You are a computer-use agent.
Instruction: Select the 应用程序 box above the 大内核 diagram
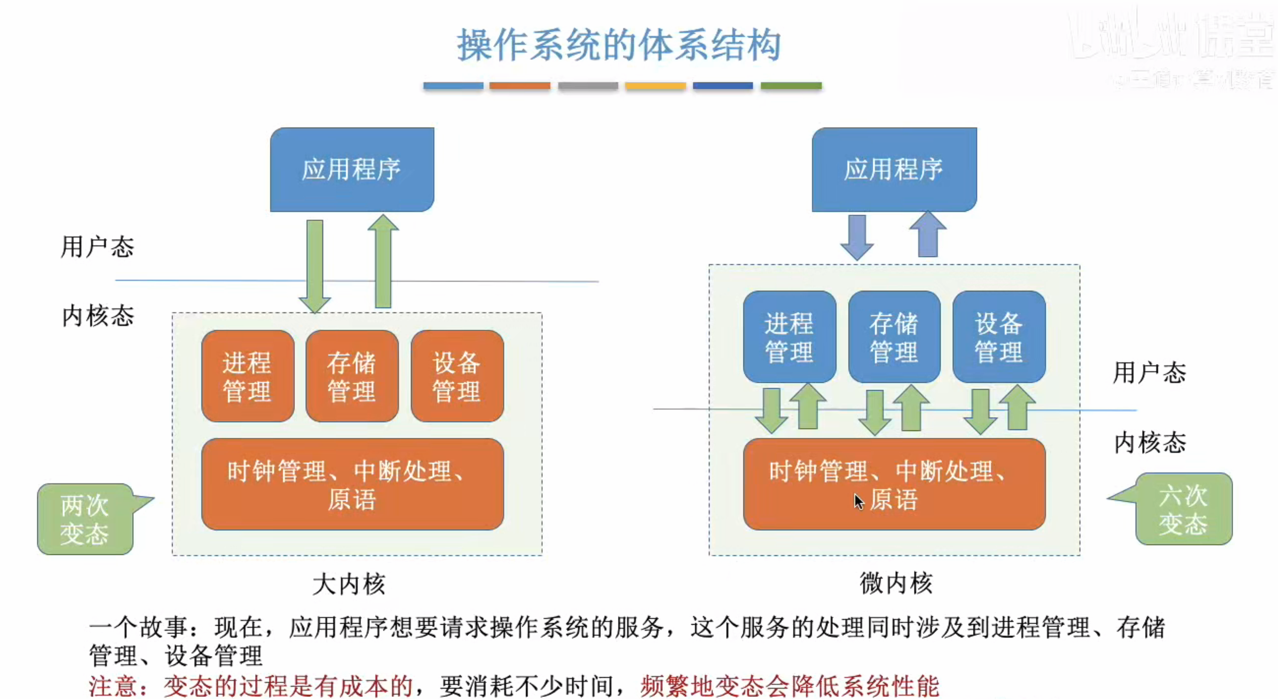pyautogui.click(x=352, y=170)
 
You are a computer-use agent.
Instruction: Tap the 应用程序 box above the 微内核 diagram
pyautogui.click(x=894, y=170)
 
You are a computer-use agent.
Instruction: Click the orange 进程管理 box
pyautogui.click(x=247, y=377)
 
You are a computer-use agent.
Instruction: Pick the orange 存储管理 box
pyautogui.click(x=352, y=377)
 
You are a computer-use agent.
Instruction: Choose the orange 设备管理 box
pyautogui.click(x=457, y=377)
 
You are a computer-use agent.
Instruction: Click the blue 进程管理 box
pyautogui.click(x=789, y=337)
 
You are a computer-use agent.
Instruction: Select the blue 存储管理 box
pyautogui.click(x=894, y=337)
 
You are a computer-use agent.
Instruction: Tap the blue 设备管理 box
pyautogui.click(x=999, y=337)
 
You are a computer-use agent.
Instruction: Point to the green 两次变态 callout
pyautogui.click(x=85, y=519)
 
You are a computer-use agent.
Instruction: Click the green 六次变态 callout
pyautogui.click(x=1183, y=509)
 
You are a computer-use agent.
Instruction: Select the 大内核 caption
pyautogui.click(x=349, y=584)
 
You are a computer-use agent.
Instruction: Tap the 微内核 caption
pyautogui.click(x=896, y=583)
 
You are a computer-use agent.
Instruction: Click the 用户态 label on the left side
pyautogui.click(x=97, y=246)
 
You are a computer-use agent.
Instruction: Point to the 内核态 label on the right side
pyautogui.click(x=1150, y=443)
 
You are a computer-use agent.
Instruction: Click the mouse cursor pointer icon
pyautogui.click(x=859, y=502)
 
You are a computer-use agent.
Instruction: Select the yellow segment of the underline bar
pyautogui.click(x=655, y=86)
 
